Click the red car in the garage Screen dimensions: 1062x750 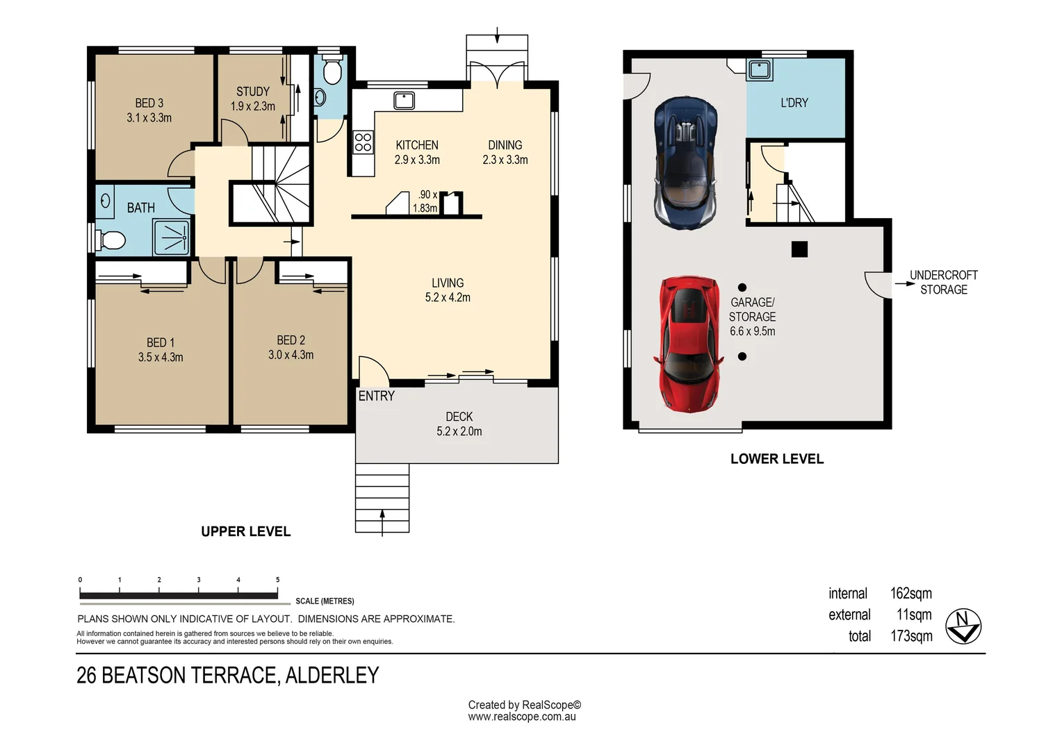[689, 344]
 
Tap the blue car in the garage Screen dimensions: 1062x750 [685, 163]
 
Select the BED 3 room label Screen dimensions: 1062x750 [149, 103]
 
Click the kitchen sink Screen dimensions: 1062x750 [404, 101]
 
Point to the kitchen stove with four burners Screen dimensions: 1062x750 [363, 142]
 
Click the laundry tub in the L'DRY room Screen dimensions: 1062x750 [760, 70]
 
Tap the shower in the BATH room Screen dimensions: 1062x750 [171, 237]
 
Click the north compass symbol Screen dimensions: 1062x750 [963, 626]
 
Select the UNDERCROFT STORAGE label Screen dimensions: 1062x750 [943, 283]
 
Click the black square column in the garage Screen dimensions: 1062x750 [799, 249]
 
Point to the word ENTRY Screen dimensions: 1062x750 [377, 396]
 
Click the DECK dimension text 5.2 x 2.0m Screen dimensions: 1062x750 [459, 432]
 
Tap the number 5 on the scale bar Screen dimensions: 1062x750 [278, 579]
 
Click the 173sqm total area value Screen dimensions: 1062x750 [911, 636]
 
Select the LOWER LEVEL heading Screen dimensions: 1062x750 [777, 458]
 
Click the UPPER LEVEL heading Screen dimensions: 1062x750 [245, 531]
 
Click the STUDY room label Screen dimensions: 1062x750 [253, 92]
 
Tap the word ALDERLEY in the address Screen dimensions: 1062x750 [332, 675]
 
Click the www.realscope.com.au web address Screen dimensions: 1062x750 [522, 717]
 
